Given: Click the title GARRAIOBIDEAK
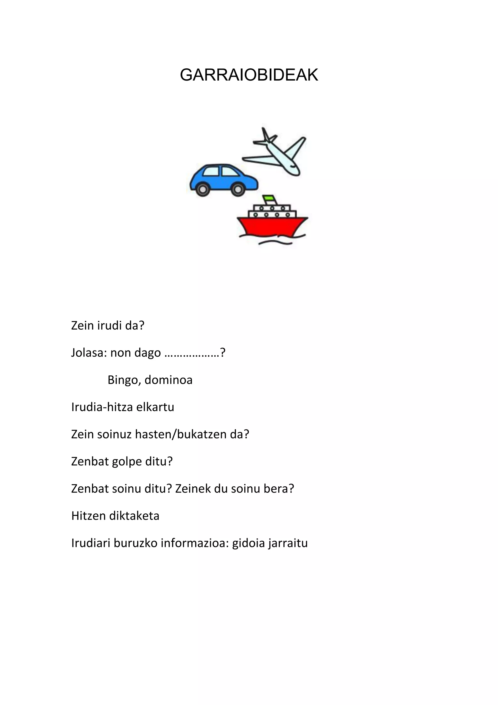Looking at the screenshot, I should coord(249,75).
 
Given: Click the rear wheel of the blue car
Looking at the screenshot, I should coord(202,189).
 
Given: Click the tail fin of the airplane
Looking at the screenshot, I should coord(266,135).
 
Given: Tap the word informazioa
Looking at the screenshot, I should coord(195,543).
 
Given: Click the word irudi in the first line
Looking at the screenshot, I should coord(109,326).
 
